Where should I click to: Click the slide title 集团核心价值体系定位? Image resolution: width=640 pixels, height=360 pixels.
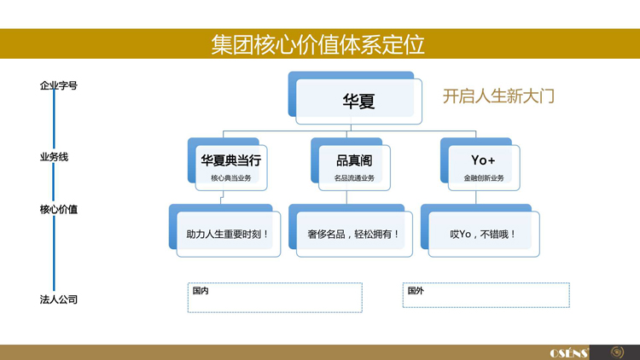click(319, 44)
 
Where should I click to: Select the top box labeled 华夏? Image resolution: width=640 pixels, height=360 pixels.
click(358, 101)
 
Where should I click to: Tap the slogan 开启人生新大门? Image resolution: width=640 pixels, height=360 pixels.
click(498, 96)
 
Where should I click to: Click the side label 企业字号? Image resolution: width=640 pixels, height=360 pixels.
click(59, 85)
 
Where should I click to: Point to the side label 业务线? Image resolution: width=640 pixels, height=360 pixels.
click(53, 158)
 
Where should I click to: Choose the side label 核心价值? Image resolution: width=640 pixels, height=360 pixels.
click(59, 209)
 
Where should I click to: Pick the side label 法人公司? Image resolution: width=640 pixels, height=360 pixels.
click(59, 299)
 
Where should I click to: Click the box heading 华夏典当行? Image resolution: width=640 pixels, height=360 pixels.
click(230, 160)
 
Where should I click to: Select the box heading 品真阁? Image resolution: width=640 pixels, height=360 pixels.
click(353, 160)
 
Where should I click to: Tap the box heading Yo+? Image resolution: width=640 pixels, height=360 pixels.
click(483, 160)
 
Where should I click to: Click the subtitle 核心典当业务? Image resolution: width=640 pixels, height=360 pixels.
click(230, 177)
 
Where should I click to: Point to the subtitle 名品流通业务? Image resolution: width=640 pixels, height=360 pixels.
click(353, 177)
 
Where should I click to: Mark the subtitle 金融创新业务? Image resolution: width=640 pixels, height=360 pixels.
click(483, 177)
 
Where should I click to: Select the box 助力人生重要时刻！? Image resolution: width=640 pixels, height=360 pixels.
click(228, 233)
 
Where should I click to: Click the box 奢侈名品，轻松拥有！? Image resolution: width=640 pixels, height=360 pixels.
click(353, 233)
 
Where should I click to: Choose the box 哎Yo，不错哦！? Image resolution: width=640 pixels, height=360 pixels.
click(483, 233)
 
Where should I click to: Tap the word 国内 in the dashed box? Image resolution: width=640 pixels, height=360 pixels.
click(201, 291)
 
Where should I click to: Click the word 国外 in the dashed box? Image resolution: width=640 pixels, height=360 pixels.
click(416, 291)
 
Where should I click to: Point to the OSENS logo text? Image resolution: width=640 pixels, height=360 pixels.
click(568, 352)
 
